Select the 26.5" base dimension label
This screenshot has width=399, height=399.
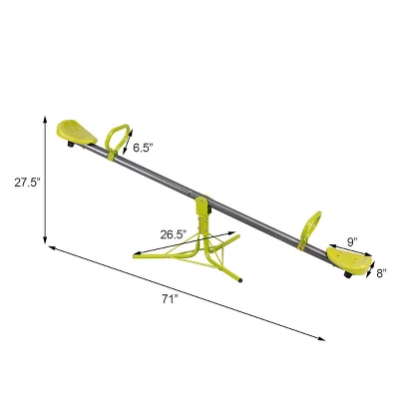click(173, 235)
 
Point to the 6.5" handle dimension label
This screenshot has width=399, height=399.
click(142, 146)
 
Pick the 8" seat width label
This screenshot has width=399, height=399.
click(380, 271)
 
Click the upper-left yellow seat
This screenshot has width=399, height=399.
click(78, 132)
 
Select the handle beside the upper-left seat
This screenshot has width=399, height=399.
click(117, 139)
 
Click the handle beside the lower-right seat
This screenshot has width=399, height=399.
click(312, 226)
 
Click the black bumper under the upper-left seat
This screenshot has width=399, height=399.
click(69, 147)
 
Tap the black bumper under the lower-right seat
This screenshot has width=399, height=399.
click(349, 273)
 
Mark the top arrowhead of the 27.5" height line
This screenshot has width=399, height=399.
click(46, 118)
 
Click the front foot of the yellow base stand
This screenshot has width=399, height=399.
click(236, 281)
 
